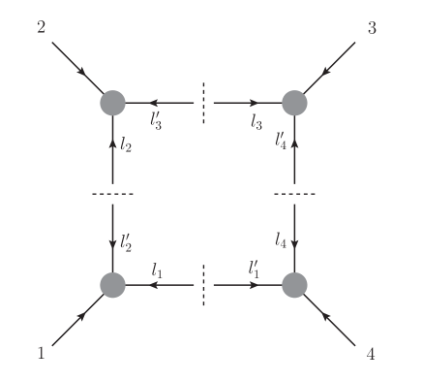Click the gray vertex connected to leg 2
point(113,102)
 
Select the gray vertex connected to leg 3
point(294,102)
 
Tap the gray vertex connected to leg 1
point(113,285)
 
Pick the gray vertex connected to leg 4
point(294,285)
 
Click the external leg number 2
point(41,27)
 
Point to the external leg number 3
point(373,27)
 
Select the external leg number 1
point(41,354)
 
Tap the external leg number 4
point(371,355)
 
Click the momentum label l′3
point(157,121)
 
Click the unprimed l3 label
point(256,121)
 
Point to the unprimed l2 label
point(127,146)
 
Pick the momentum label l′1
point(254,269)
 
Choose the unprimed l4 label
point(280,237)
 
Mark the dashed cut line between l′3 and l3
point(204,102)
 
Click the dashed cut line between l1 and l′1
point(204,285)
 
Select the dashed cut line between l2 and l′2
point(113,194)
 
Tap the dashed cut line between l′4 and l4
point(294,194)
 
